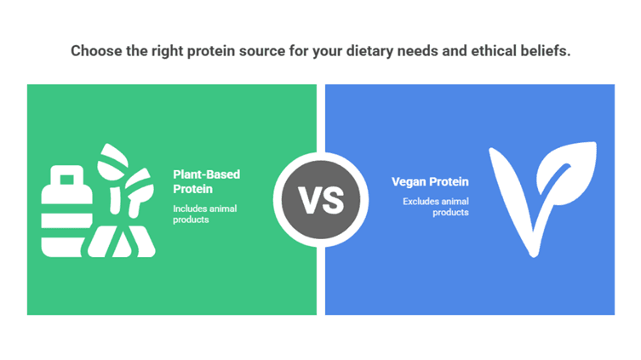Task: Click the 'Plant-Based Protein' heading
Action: [x=207, y=182]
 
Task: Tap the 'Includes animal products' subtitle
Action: [x=205, y=214]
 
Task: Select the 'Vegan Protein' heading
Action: [x=430, y=182]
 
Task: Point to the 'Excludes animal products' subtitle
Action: [x=436, y=207]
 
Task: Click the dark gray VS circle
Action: [x=321, y=200]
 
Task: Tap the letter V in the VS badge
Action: [x=309, y=200]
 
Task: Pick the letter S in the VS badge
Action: [x=333, y=200]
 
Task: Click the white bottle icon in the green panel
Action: [x=66, y=211]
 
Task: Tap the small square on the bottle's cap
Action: [x=67, y=180]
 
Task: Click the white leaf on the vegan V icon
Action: [x=567, y=172]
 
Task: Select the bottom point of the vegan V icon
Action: [x=534, y=257]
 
